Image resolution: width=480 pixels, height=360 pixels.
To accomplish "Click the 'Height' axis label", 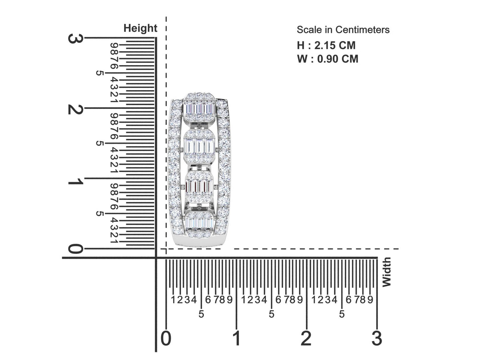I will coord(140,28).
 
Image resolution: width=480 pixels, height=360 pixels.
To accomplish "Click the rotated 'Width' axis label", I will coord(386,272).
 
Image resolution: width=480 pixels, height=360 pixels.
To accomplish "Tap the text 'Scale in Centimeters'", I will coord(343,30).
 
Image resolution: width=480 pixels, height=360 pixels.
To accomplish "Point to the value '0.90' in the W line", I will coord(329,59).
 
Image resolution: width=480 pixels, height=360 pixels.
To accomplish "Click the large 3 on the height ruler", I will coord(75,39).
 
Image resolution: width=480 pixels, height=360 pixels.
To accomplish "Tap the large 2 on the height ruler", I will coord(75,109).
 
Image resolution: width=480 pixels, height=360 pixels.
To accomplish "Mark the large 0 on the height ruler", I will coord(75,248).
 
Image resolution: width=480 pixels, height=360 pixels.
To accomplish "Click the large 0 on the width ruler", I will coord(166,338).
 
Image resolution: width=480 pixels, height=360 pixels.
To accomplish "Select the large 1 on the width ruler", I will coord(237,338).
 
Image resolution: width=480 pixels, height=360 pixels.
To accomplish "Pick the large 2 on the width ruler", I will coord(306,338).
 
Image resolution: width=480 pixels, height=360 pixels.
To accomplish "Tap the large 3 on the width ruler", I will coord(377,338).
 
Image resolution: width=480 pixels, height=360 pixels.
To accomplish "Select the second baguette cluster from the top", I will coord(199,146).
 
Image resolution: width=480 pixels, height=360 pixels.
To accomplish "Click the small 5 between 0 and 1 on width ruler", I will coord(201,314).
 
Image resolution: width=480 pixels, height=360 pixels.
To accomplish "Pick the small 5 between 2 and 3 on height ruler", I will coord(99,73).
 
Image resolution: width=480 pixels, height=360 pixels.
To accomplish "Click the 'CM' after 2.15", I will coord(347,45).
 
